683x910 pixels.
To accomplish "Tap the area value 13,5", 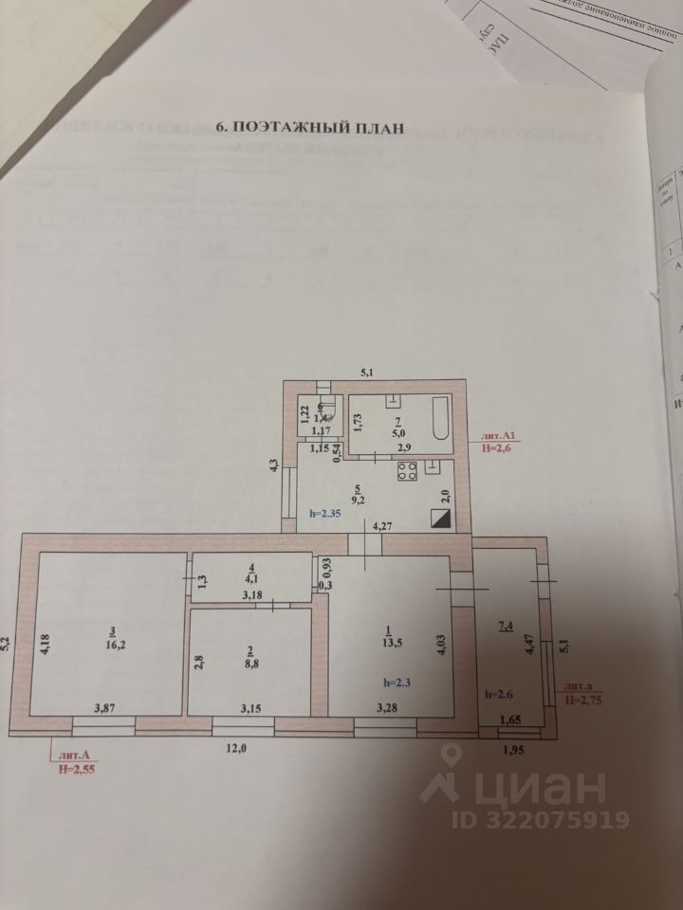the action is tap(386, 641).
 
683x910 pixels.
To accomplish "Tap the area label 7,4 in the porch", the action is tap(508, 627).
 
